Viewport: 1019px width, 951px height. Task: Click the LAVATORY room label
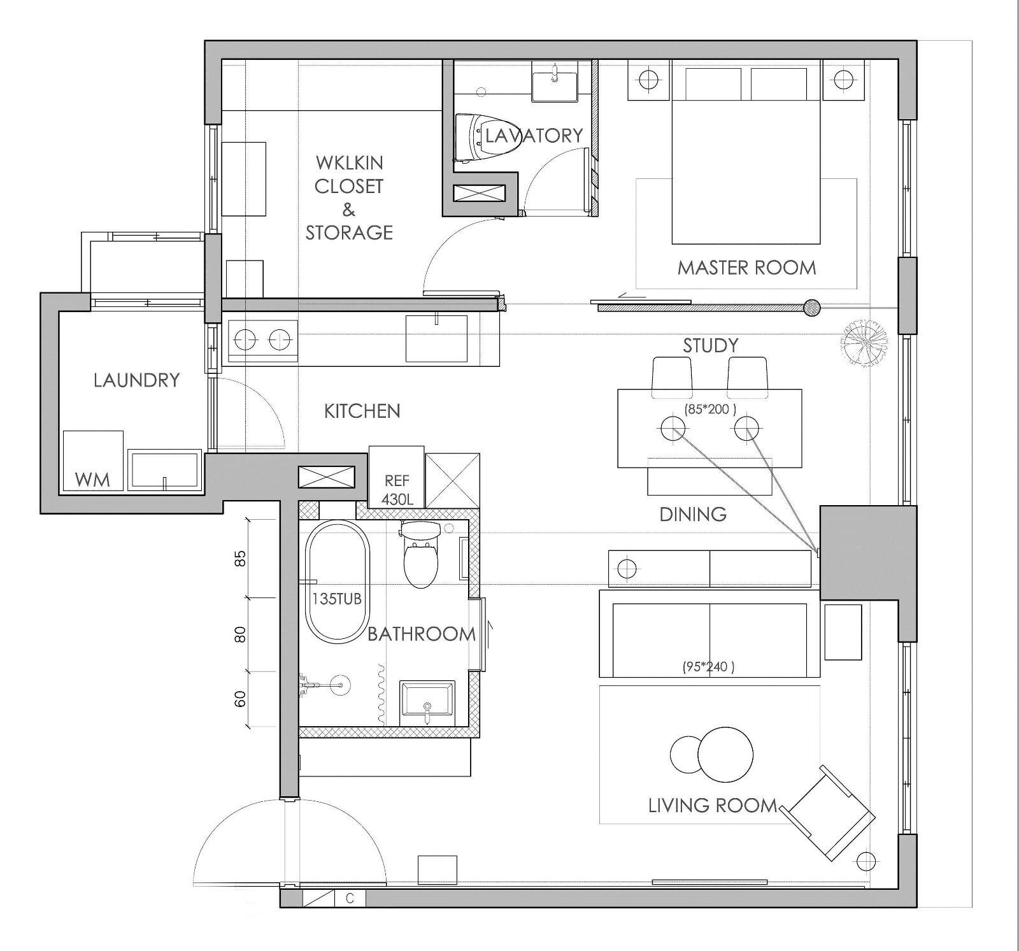[534, 135]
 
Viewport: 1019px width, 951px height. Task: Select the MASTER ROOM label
[746, 268]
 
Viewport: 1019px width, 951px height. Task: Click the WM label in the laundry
[92, 479]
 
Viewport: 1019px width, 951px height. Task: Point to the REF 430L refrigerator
[396, 477]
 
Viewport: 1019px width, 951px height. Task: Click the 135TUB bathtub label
[336, 599]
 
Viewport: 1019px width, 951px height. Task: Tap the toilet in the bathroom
[420, 554]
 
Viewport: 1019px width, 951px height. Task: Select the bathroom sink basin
[427, 702]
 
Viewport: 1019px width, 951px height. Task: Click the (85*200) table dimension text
[709, 410]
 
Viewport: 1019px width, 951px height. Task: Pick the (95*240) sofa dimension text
[708, 668]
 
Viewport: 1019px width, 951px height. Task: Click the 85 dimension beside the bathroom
[240, 559]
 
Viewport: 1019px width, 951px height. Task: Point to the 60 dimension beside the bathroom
[240, 699]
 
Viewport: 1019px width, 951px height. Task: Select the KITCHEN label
[362, 411]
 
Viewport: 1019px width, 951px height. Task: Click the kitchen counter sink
[436, 338]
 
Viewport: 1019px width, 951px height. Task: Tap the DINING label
[693, 514]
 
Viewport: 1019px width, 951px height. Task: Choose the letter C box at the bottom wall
[350, 899]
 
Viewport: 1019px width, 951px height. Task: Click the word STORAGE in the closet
[349, 232]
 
